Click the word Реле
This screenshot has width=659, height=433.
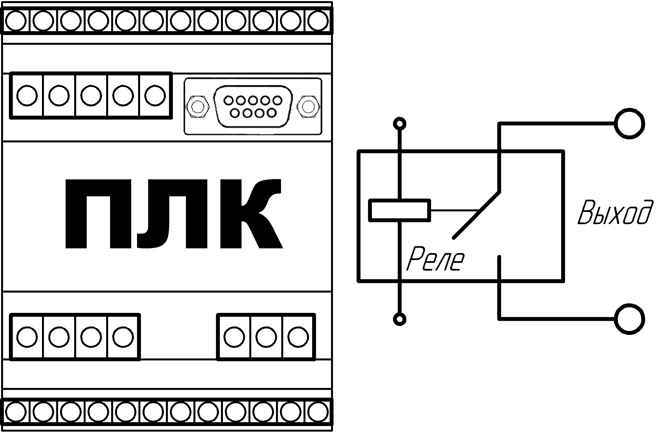click(x=435, y=259)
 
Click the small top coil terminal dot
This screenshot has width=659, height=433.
click(x=400, y=124)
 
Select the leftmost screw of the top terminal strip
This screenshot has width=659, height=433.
click(x=16, y=21)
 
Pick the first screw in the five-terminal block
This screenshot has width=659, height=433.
click(x=27, y=95)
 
